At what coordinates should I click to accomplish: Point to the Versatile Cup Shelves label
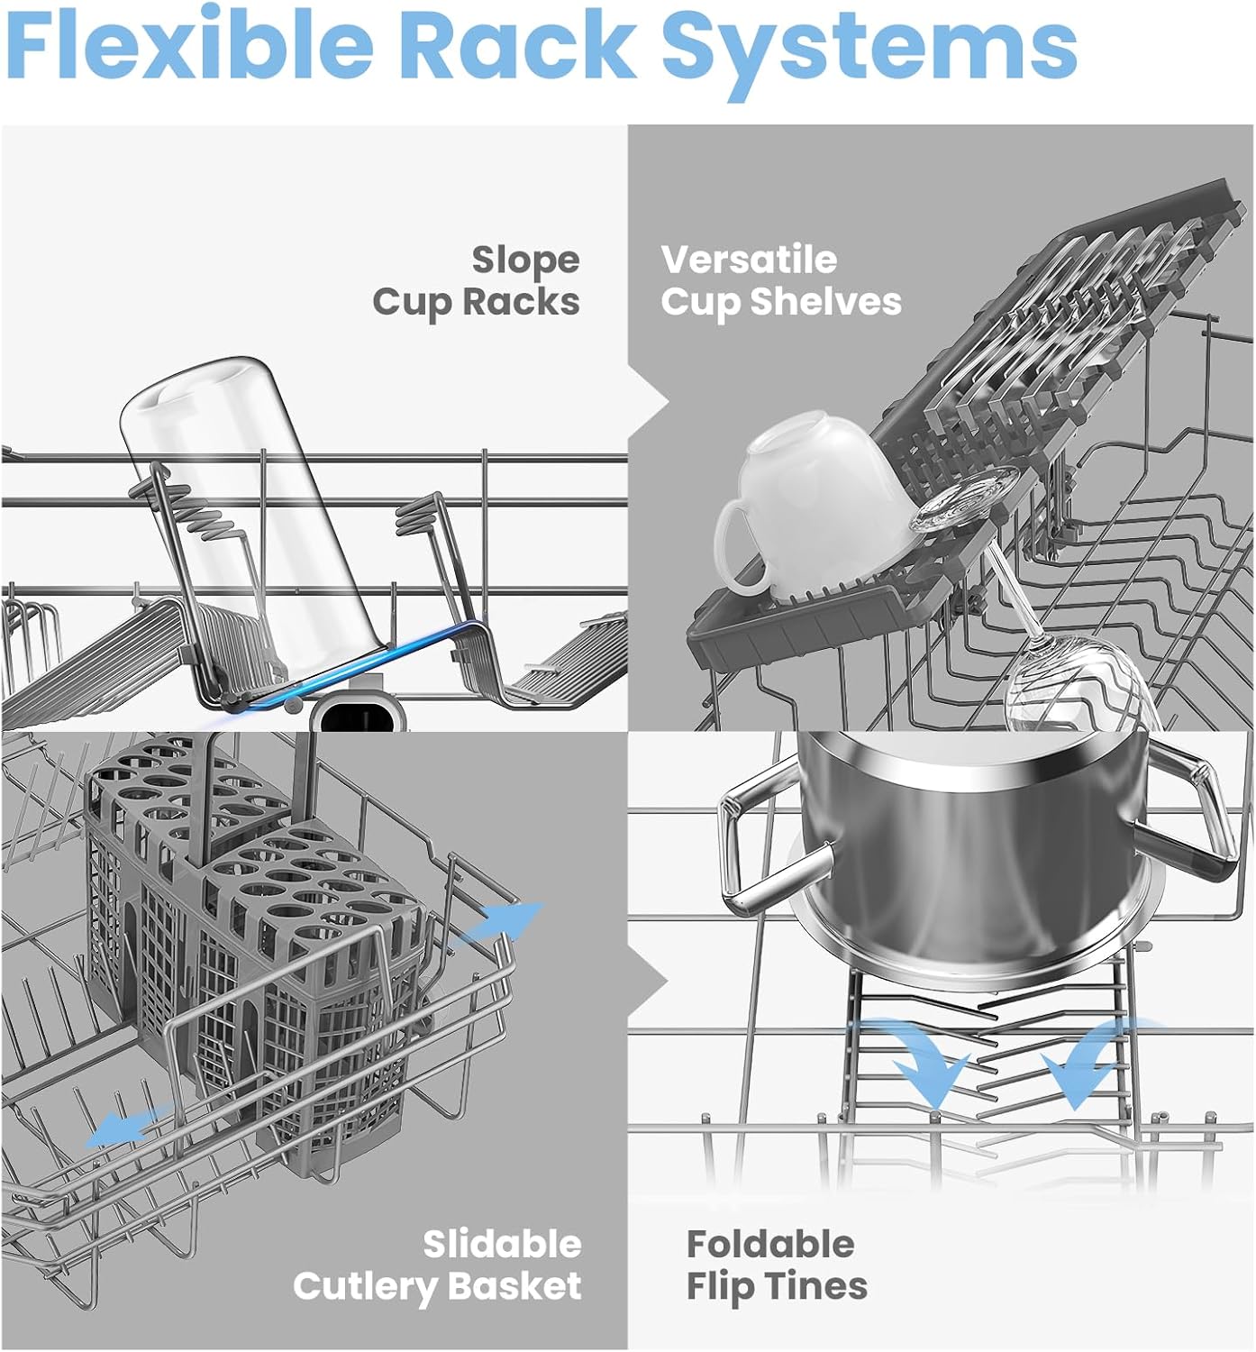click(780, 281)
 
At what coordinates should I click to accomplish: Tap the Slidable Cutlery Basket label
click(438, 1265)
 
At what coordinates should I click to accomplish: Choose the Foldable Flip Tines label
click(777, 1265)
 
